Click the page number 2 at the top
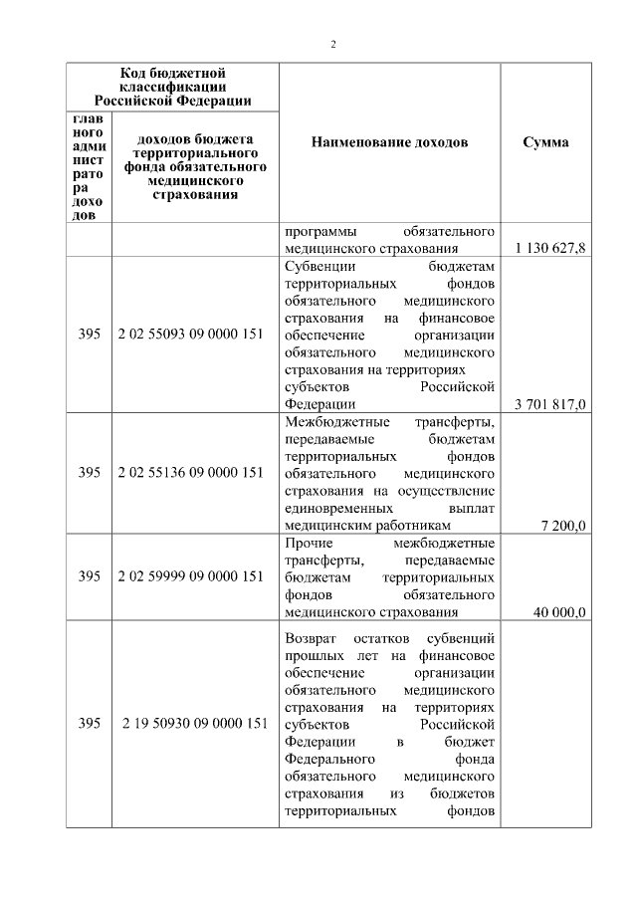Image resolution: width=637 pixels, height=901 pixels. click(334, 44)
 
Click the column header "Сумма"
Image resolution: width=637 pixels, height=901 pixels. click(545, 142)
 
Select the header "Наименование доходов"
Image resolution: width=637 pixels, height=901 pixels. click(389, 142)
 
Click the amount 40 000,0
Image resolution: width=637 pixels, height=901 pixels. click(559, 612)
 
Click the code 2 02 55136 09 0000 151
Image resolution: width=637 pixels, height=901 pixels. click(190, 472)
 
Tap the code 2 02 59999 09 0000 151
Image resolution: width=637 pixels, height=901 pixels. click(190, 576)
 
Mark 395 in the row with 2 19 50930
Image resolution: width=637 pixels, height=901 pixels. click(89, 724)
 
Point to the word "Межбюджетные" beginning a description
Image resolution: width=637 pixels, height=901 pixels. click(329, 421)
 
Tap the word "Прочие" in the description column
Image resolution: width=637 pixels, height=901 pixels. click(308, 543)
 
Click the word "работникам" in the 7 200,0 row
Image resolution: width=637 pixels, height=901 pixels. click(418, 526)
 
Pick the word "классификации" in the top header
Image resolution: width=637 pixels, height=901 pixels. click(173, 87)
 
